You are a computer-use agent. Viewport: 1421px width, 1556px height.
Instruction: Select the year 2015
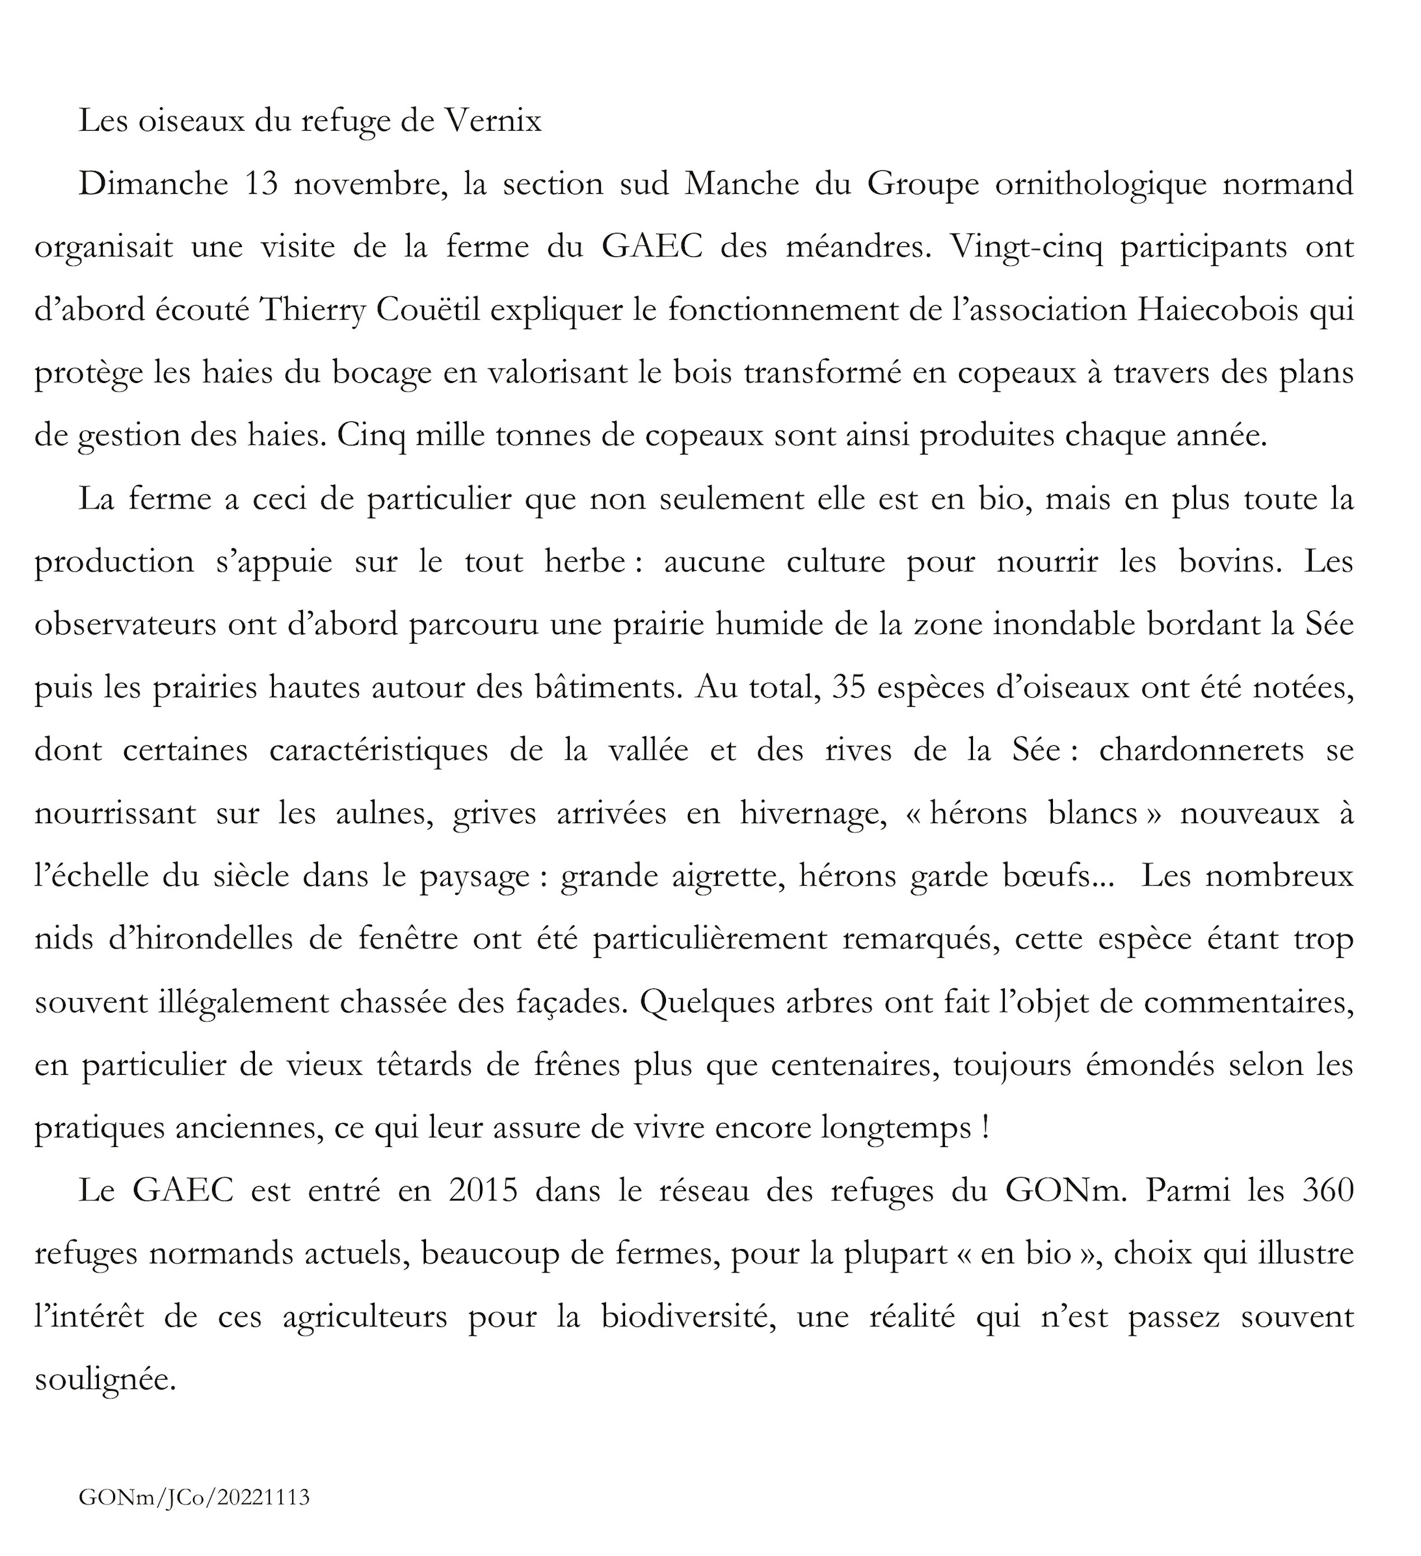click(x=483, y=1192)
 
